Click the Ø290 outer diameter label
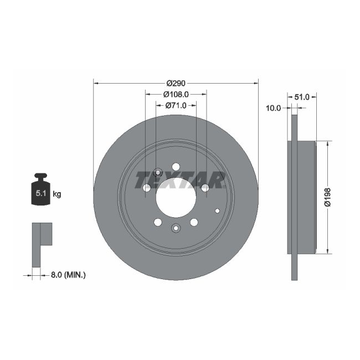pos(176,83)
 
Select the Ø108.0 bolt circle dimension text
pos(176,94)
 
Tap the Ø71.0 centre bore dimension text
pos(176,105)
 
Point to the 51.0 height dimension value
pos(302,96)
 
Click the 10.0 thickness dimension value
pos(274,108)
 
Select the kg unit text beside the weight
pos(57,194)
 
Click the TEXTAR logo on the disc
pos(181,179)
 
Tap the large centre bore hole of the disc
pos(176,198)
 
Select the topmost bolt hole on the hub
pos(176,167)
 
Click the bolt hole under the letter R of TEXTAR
pos(205,188)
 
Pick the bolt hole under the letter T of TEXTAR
pos(147,188)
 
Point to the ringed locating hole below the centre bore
pos(176,228)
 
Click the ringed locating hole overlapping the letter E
pos(158,172)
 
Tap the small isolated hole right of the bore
pos(217,210)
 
